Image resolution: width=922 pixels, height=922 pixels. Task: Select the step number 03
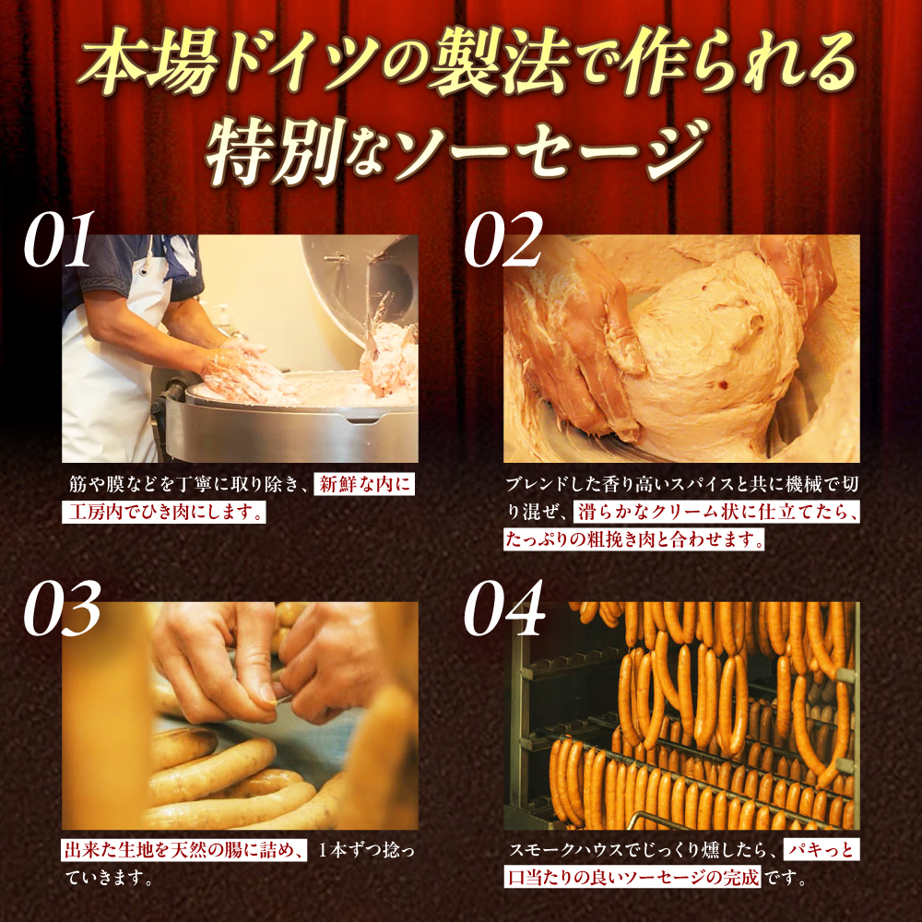pos(61,609)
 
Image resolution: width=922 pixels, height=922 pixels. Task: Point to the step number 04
pos(503,609)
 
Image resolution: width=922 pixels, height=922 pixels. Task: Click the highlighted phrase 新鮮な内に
pos(365,485)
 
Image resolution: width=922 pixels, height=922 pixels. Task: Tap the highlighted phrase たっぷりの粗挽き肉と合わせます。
pos(634,540)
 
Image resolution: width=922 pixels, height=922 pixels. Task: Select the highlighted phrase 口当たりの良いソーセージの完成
pos(633,879)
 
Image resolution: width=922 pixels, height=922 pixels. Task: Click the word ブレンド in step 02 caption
pos(530,485)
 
